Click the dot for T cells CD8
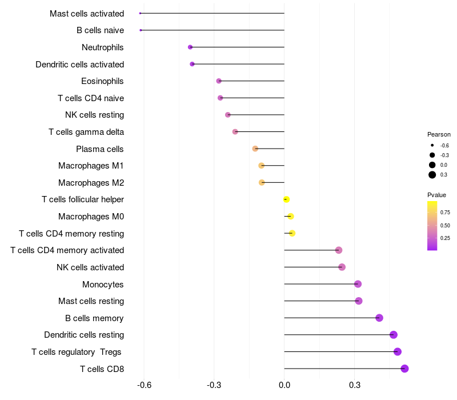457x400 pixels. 404,369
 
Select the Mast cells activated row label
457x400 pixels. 87,13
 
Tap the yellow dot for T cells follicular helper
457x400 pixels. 287,199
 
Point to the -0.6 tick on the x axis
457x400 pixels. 145,385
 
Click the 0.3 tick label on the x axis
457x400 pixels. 354,385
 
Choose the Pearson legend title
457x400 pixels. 439,134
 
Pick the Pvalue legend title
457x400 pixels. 437,195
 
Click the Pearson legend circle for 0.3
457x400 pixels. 432,175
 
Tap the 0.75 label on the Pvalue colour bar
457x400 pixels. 445,212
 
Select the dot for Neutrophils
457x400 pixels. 190,47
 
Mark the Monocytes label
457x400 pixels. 103,284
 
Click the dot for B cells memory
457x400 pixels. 379,318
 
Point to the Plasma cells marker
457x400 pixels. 255,149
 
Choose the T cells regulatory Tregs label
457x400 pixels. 77,351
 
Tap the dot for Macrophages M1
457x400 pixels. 262,166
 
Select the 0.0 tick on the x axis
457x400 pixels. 284,385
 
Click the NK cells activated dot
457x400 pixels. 342,267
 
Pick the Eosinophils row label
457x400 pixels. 102,81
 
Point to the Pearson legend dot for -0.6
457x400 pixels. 432,145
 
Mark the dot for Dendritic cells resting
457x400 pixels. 393,335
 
